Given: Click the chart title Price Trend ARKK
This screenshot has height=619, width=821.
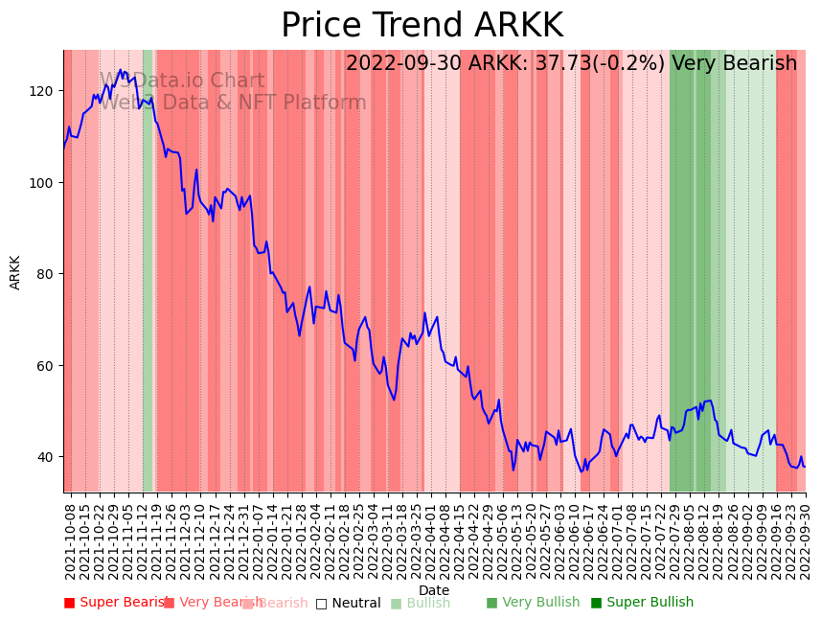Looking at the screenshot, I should pos(422,26).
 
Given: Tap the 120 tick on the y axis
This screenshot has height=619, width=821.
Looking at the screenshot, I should pos(45,91).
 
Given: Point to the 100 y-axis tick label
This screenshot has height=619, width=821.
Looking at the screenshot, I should pos(45,182).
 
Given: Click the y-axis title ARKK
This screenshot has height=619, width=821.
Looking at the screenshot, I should pos(15,272).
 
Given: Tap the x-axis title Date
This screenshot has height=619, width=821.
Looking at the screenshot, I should pos(434,591).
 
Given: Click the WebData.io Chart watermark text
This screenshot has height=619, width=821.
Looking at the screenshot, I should pos(182,81).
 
